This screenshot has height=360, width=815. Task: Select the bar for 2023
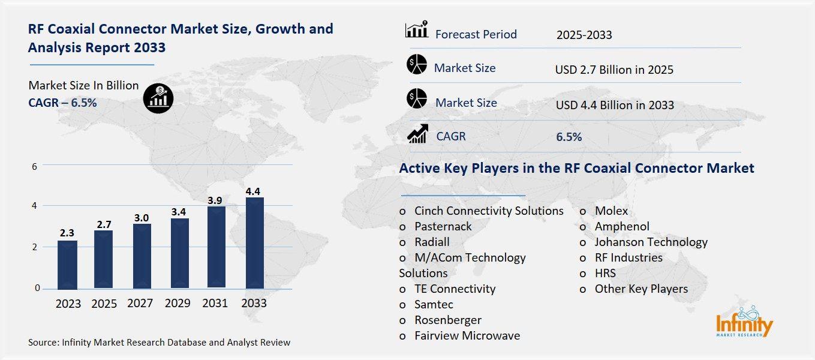pyautogui.click(x=67, y=264)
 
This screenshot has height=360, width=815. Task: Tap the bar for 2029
pyautogui.click(x=179, y=253)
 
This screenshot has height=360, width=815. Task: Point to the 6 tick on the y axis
pyautogui.click(x=35, y=166)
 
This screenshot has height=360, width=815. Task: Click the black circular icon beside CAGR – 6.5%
pyautogui.click(x=158, y=98)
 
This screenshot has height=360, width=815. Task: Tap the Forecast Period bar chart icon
pyautogui.click(x=416, y=30)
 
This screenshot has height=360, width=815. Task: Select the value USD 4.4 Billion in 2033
pyautogui.click(x=615, y=105)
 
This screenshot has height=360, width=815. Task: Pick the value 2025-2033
pyautogui.click(x=584, y=35)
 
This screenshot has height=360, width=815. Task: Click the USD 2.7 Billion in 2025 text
pyautogui.click(x=614, y=70)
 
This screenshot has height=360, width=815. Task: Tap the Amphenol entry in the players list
pyautogui.click(x=621, y=226)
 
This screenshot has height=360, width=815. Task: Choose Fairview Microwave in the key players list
pyautogui.click(x=467, y=335)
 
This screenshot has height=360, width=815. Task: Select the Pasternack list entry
pyautogui.click(x=443, y=226)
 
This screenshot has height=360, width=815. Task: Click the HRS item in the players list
pyautogui.click(x=605, y=273)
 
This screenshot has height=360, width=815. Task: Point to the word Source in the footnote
pyautogui.click(x=43, y=343)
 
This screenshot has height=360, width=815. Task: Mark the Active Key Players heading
pyautogui.click(x=576, y=168)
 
